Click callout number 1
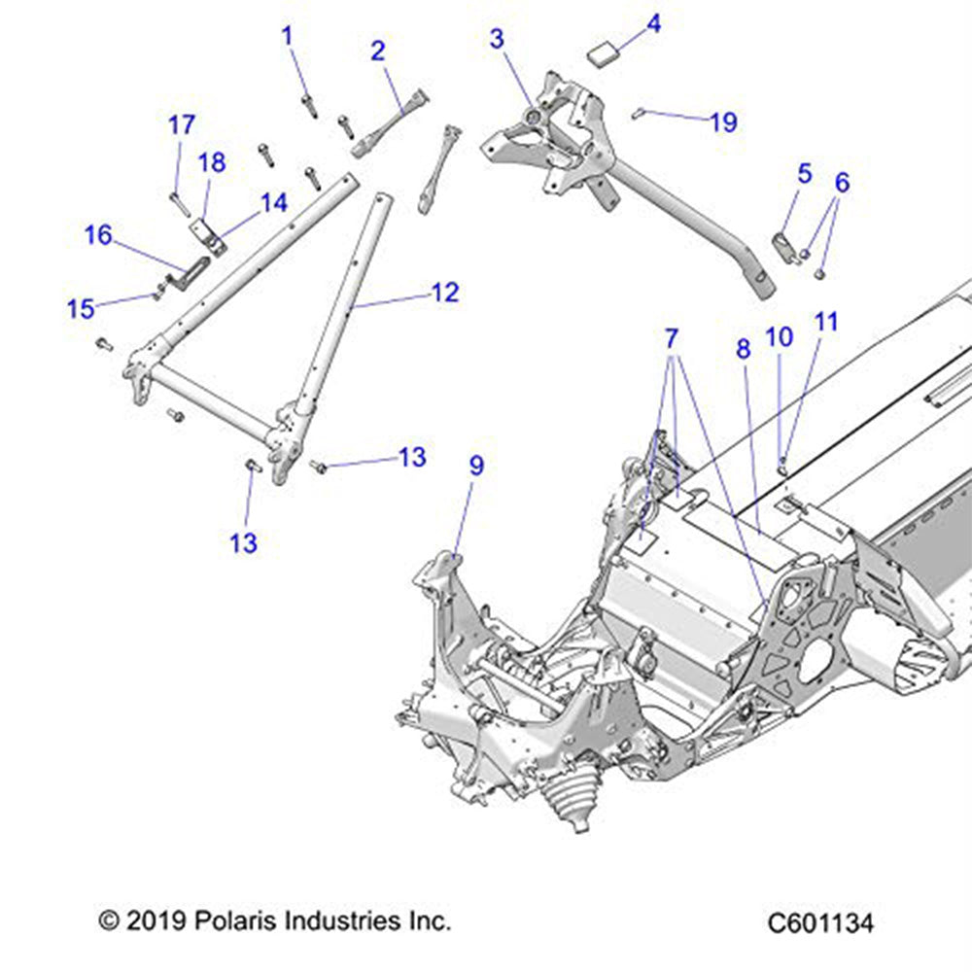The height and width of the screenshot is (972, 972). point(287,36)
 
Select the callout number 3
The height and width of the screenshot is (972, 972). point(497,39)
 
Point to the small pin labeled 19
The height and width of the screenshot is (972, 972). point(638,113)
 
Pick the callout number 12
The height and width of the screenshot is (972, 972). point(444,292)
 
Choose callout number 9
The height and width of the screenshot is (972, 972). point(476,466)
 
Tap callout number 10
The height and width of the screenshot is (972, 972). point(780,337)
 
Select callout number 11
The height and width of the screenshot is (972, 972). point(826,322)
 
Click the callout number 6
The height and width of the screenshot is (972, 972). point(842,182)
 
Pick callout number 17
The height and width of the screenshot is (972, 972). point(181,125)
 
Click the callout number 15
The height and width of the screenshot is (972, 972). point(81,308)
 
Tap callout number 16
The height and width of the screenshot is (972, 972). point(97,234)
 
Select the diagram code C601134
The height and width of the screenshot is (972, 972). point(819,921)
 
